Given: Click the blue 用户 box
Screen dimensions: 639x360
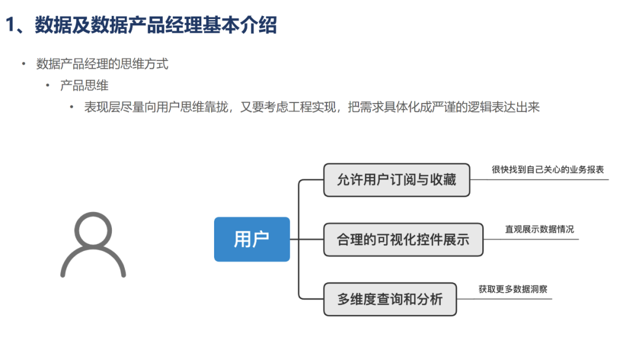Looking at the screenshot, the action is [251, 239].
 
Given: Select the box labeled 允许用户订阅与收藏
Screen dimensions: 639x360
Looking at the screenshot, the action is [396, 180].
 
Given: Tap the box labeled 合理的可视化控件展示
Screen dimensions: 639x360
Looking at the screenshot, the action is [403, 239].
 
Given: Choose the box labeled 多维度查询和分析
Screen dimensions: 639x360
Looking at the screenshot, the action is [390, 299].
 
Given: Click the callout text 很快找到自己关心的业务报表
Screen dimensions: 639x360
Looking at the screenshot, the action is [547, 169].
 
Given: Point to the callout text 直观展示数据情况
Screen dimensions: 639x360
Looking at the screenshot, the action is [539, 229].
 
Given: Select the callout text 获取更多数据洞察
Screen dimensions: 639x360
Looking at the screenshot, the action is [512, 290].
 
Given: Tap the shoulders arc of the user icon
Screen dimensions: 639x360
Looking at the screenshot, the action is [93, 264].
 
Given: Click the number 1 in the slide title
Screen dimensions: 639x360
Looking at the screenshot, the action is [11, 25].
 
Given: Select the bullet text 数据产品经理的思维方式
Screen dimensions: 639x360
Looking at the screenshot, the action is [102, 64].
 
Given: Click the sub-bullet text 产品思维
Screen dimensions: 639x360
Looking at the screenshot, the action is [84, 85].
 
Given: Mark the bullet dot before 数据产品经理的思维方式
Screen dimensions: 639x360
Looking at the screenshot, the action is [24, 64].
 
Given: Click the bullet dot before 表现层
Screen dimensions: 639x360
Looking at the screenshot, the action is [72, 107].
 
